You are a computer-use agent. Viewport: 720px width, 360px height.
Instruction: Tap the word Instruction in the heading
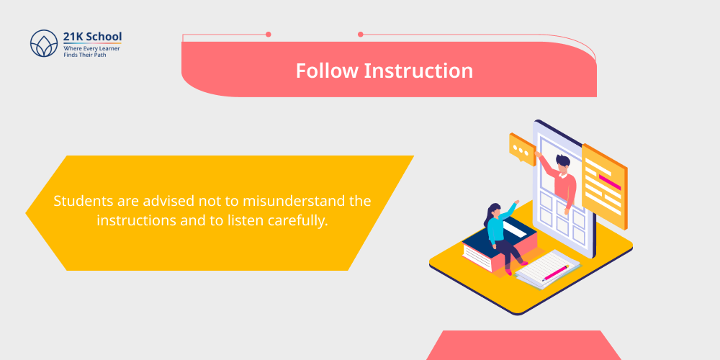coord(418,71)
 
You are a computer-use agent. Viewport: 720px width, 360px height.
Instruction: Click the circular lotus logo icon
coord(43,43)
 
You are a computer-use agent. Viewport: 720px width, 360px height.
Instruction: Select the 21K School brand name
coord(93,37)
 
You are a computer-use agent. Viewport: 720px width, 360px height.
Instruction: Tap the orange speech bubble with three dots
coord(522,148)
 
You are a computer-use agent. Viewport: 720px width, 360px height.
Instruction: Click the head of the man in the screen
coord(562,162)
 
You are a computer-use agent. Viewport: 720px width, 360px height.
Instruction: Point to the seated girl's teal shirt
coord(496,227)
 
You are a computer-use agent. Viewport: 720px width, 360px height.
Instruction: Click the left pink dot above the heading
coord(269,34)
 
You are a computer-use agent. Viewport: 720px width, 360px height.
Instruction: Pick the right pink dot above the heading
coord(361,34)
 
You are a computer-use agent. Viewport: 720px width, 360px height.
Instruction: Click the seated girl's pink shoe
coord(508,271)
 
